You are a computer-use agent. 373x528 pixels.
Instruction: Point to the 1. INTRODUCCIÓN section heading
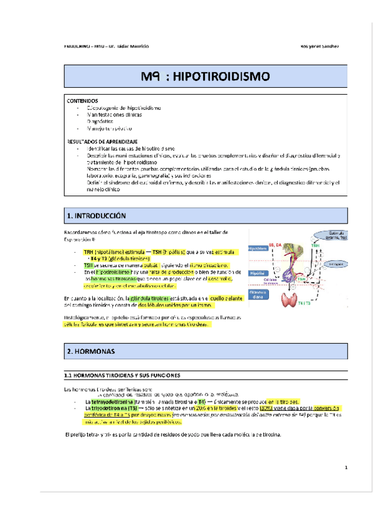point(97,215)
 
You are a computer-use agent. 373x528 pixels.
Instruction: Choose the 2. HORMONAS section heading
point(91,352)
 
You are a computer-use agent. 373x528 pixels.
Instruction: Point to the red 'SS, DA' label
point(275,245)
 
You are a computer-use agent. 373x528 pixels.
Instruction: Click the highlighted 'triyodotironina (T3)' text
point(112,408)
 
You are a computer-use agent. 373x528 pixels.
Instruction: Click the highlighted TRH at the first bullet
point(88,252)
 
